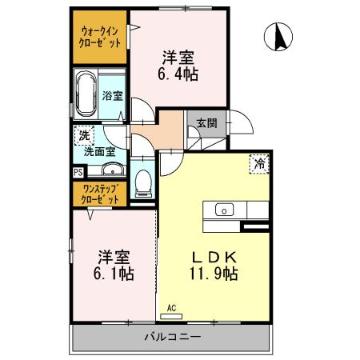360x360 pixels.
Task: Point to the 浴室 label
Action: click(113, 96)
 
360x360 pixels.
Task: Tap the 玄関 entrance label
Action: click(206, 123)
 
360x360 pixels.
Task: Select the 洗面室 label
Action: click(100, 151)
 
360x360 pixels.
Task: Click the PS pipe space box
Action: click(78, 171)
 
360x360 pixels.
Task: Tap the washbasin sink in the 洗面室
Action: click(110, 170)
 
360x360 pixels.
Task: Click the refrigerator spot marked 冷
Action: click(259, 162)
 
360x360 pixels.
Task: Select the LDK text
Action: click(212, 257)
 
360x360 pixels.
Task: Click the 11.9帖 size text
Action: click(212, 274)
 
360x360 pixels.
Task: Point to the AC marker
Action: click(171, 307)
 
